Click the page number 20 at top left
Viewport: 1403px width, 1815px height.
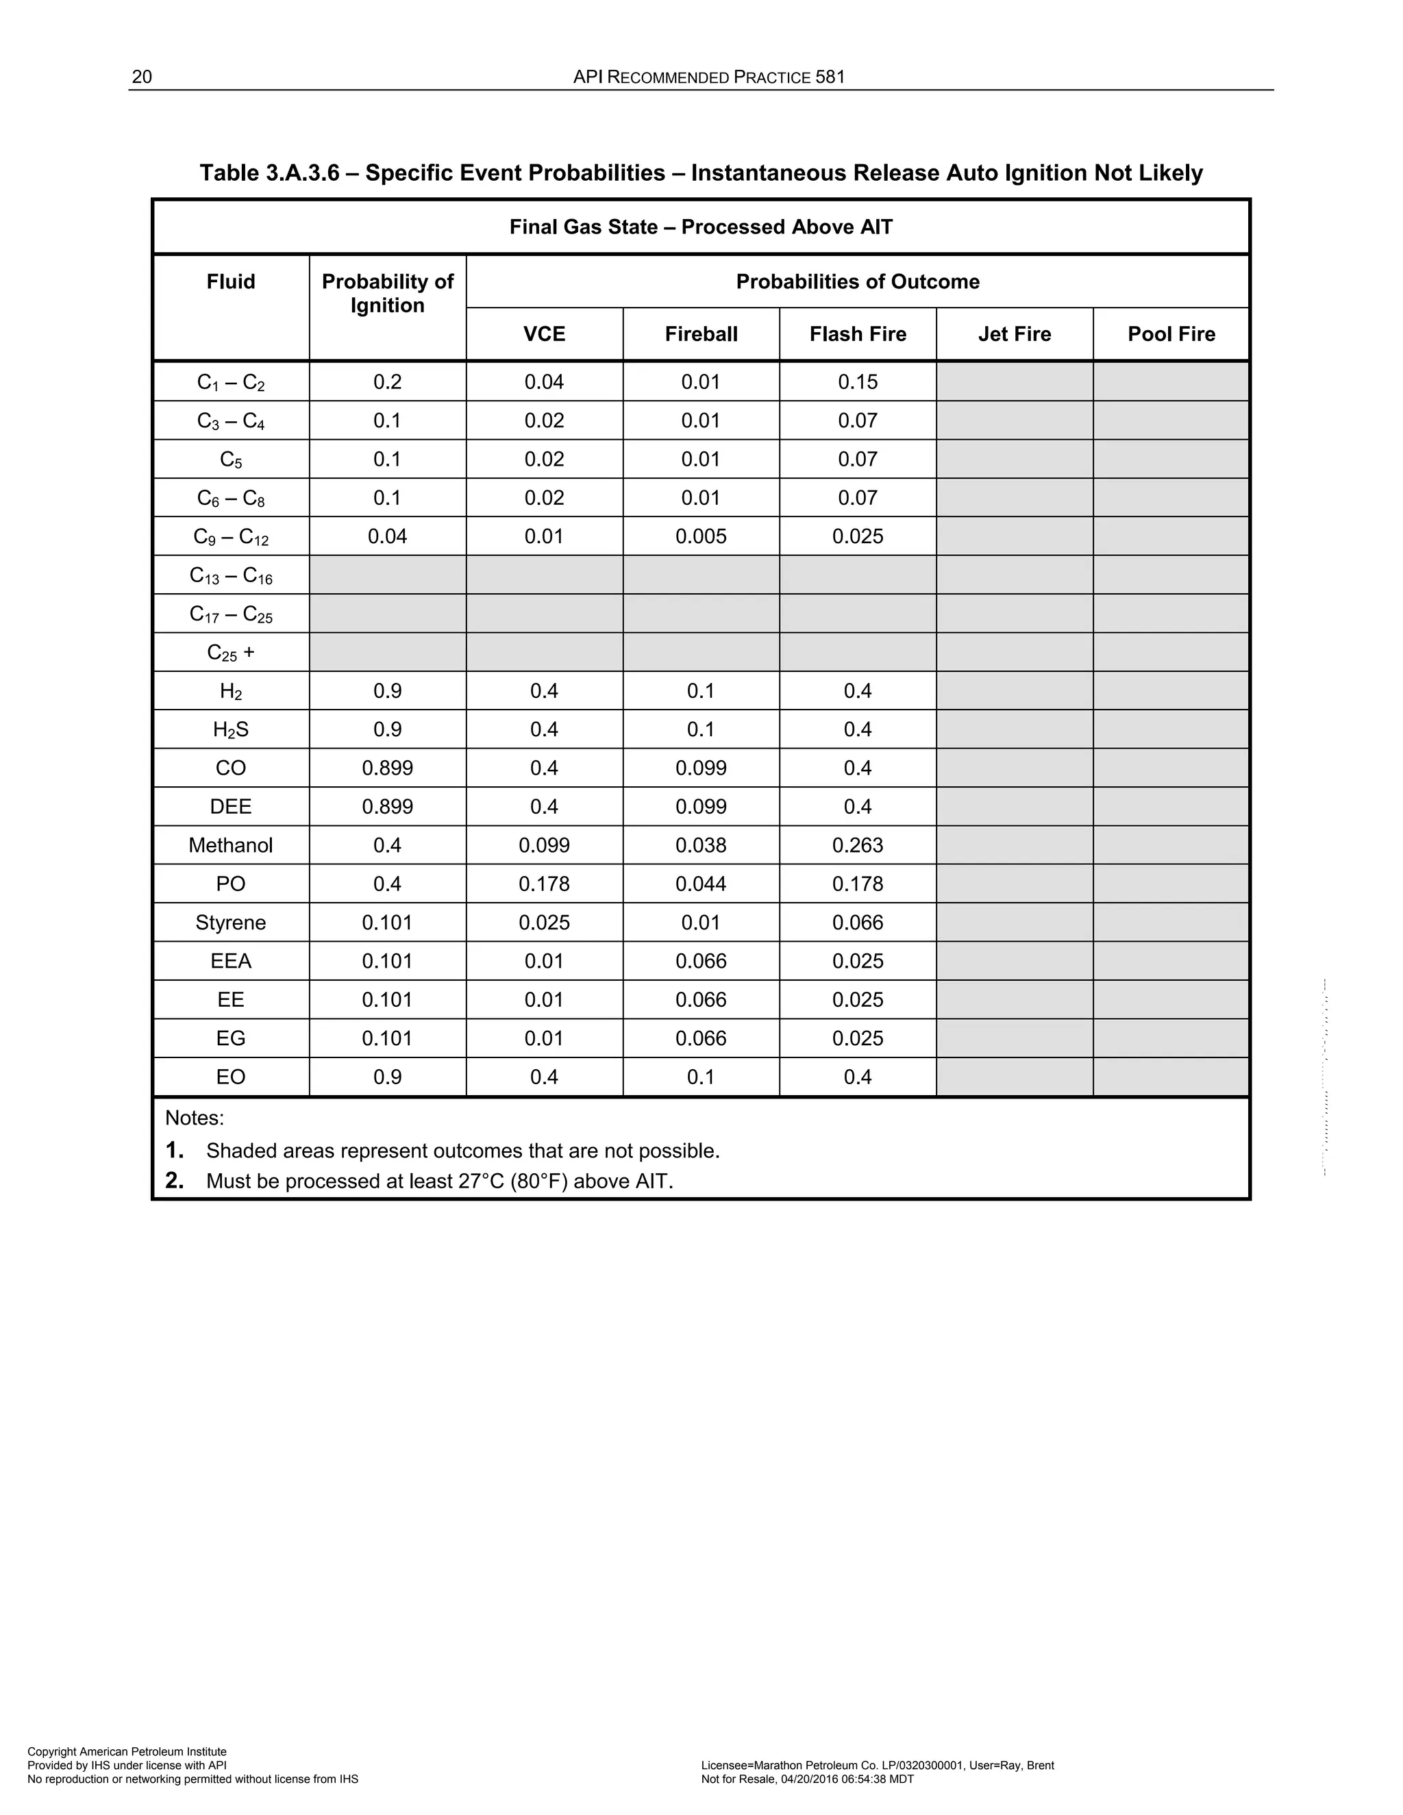[x=142, y=77]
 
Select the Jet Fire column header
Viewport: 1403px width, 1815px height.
[x=1014, y=334]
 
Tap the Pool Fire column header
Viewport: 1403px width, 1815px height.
[x=1170, y=334]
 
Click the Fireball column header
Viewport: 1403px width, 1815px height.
[x=701, y=334]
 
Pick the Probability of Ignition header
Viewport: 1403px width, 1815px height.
[x=387, y=293]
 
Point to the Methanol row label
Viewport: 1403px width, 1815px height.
[x=230, y=845]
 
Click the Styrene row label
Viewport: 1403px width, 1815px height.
[x=230, y=923]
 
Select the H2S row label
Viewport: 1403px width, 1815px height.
[x=230, y=729]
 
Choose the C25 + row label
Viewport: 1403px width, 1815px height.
[x=230, y=652]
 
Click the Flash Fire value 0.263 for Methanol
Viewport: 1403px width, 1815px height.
[x=857, y=845]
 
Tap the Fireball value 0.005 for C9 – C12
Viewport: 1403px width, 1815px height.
[x=701, y=536]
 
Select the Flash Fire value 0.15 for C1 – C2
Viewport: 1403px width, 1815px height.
[x=857, y=381]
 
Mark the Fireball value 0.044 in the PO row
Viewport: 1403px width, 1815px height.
[x=701, y=884]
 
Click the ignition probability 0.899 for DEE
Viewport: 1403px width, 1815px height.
[x=387, y=806]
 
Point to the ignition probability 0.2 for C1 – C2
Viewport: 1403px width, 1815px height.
[x=387, y=381]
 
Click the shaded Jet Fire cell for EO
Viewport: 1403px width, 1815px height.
[x=1014, y=1077]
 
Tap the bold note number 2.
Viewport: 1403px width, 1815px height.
[x=174, y=1181]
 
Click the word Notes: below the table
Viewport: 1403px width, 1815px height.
[x=195, y=1118]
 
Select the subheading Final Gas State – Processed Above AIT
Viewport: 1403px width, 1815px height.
[x=701, y=227]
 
